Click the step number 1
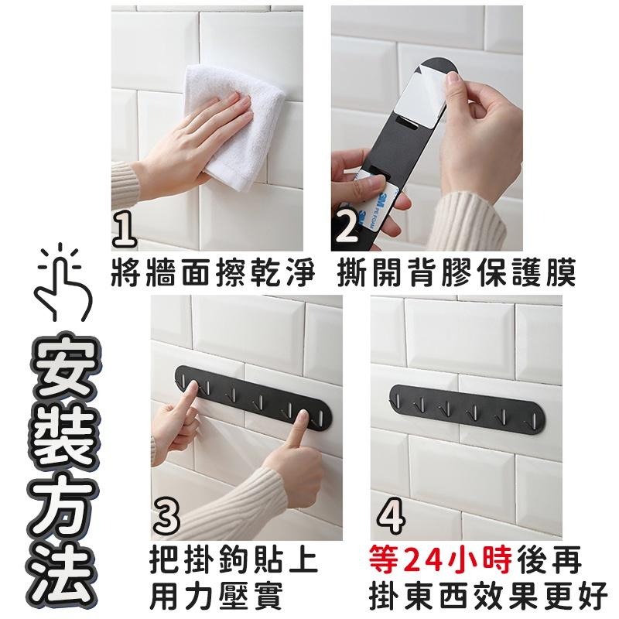(125, 230)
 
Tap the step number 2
(347, 227)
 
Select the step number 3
(166, 515)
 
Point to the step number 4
(391, 515)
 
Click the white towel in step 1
(233, 126)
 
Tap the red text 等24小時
(440, 559)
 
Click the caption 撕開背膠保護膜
(457, 272)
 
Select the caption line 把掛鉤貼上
(234, 559)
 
